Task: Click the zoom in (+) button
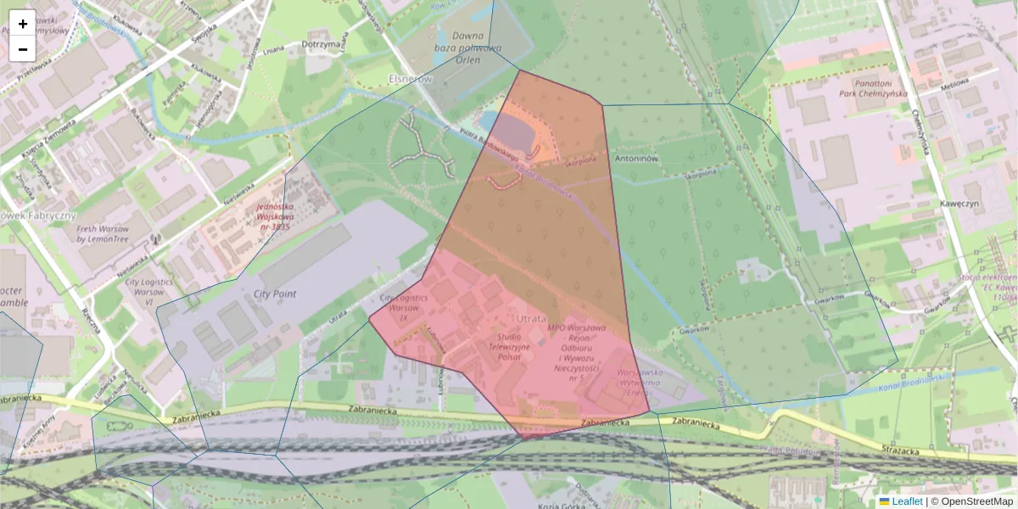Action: click(x=23, y=23)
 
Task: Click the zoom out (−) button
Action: click(x=23, y=49)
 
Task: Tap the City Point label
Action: click(x=275, y=294)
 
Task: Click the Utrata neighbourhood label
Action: click(x=532, y=317)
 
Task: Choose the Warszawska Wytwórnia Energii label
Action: click(x=639, y=382)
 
